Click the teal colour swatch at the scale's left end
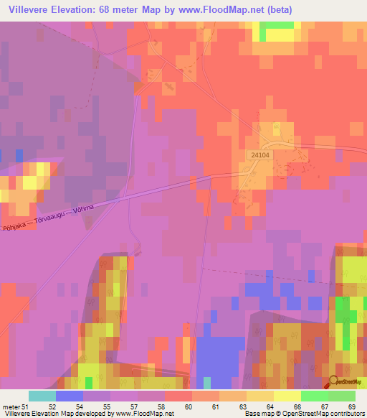coord(42,396)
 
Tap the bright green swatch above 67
coord(315,396)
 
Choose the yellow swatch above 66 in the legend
coord(287,396)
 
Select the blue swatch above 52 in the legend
coord(70,396)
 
